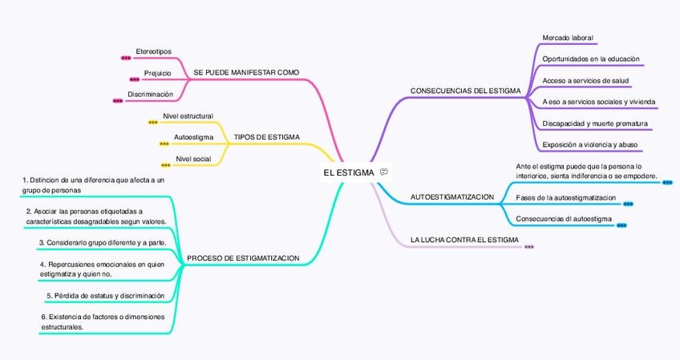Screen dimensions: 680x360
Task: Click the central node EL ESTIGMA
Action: pyautogui.click(x=349, y=172)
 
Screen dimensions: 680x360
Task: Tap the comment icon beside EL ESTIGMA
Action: pyautogui.click(x=385, y=172)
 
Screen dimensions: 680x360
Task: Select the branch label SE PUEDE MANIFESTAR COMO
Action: pyautogui.click(x=246, y=73)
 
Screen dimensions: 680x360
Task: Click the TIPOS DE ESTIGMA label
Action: pyautogui.click(x=266, y=137)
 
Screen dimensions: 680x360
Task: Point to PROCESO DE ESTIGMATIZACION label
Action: pyautogui.click(x=242, y=258)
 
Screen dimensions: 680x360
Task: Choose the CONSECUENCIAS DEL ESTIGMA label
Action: pyautogui.click(x=465, y=91)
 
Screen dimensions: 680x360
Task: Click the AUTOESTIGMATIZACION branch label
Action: pyautogui.click(x=451, y=196)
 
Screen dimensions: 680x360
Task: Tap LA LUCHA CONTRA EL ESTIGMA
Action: pyautogui.click(x=463, y=240)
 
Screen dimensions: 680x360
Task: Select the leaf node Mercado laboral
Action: pyautogui.click(x=567, y=38)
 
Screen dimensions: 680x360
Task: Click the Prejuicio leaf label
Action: pyautogui.click(x=157, y=74)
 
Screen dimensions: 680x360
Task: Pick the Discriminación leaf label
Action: pyautogui.click(x=150, y=95)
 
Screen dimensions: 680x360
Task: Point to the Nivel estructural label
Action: pyautogui.click(x=188, y=116)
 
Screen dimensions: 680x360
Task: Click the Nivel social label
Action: pyautogui.click(x=192, y=159)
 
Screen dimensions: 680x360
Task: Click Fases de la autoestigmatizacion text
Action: pyautogui.click(x=565, y=197)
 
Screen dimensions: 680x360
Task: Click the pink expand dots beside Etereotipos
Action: pyautogui.click(x=125, y=59)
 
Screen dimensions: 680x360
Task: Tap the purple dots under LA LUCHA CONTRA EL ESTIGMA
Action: pyautogui.click(x=528, y=247)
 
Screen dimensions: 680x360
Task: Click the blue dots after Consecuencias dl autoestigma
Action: pyautogui.click(x=621, y=225)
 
